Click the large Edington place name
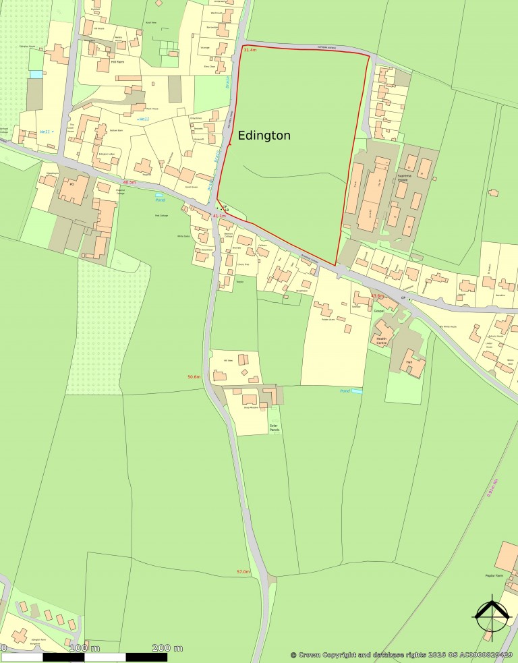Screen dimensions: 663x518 pyautogui.click(x=264, y=136)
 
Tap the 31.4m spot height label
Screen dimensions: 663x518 pyautogui.click(x=250, y=51)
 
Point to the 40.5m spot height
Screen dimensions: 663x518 pyautogui.click(x=129, y=182)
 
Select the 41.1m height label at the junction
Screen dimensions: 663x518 pyautogui.click(x=219, y=216)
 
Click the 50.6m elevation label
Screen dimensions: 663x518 pyautogui.click(x=194, y=376)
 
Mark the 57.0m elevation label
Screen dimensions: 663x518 pyautogui.click(x=243, y=572)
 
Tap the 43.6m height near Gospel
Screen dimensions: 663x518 pyautogui.click(x=377, y=296)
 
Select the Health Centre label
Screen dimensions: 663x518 pyautogui.click(x=382, y=342)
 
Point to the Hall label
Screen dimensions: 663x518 pyautogui.click(x=409, y=363)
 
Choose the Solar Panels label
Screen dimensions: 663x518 pyautogui.click(x=274, y=428)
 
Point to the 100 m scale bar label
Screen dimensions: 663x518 pyautogui.click(x=84, y=648)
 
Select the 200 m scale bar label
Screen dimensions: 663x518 pyautogui.click(x=167, y=648)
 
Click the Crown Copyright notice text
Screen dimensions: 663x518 pyautogui.click(x=403, y=654)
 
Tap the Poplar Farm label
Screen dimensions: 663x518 pyautogui.click(x=494, y=576)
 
